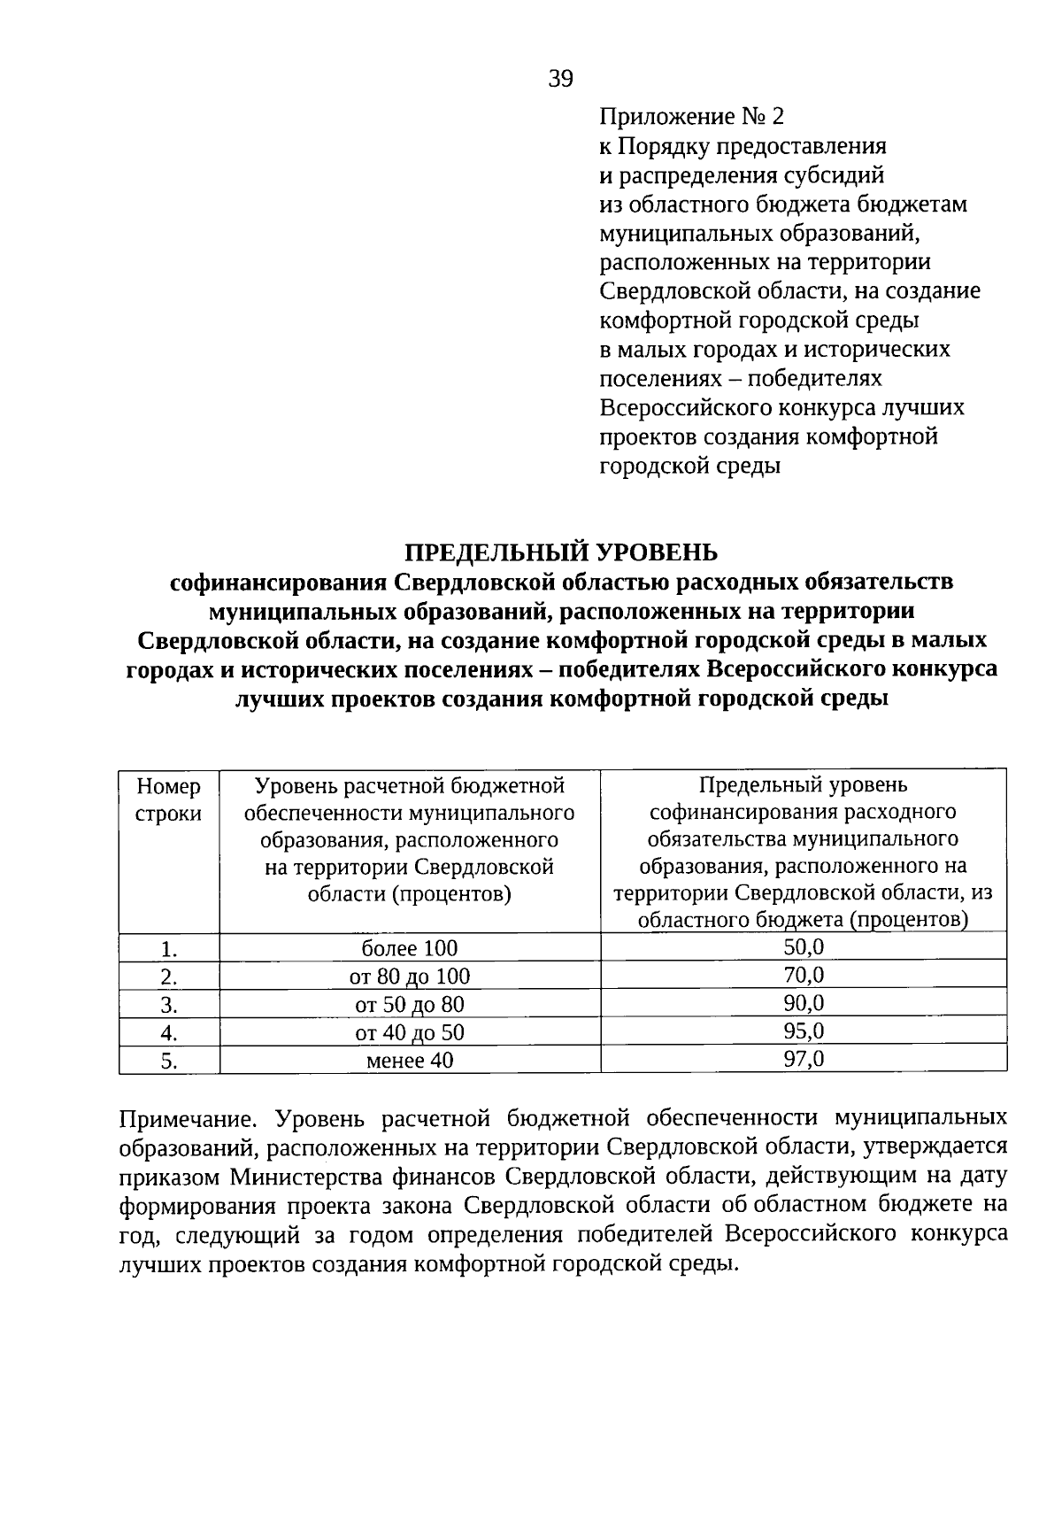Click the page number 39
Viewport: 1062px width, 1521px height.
[561, 80]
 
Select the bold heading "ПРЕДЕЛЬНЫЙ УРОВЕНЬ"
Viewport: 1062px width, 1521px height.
[561, 553]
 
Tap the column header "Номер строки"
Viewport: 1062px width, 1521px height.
[168, 799]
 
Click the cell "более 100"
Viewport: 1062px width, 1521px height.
[410, 949]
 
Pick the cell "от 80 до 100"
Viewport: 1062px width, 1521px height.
[410, 977]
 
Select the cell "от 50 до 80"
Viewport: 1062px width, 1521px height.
[410, 1005]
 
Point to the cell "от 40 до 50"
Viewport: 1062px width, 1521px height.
[410, 1033]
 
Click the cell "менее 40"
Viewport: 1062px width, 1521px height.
[410, 1061]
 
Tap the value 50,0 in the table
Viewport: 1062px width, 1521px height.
[804, 947]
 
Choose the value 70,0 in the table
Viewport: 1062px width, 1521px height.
[804, 976]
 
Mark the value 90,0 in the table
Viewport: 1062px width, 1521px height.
[804, 1003]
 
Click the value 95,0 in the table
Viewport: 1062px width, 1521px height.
[804, 1031]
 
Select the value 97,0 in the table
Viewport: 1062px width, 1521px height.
[804, 1059]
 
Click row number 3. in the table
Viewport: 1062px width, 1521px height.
[169, 1006]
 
